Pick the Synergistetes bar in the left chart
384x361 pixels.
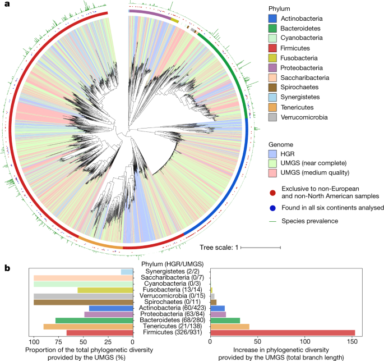point(127,272)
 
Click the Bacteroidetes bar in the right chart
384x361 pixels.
point(225,319)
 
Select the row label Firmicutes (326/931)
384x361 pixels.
point(172,333)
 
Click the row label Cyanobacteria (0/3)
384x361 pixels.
point(172,285)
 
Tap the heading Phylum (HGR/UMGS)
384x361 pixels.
point(172,264)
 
